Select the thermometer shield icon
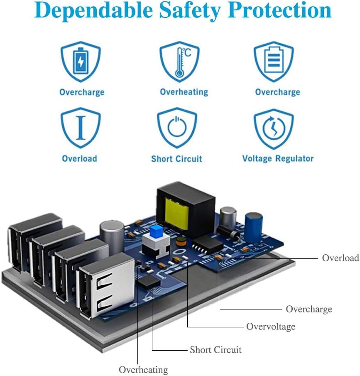[x=179, y=62]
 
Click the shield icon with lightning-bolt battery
[x=81, y=62]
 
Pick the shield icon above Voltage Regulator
[x=274, y=128]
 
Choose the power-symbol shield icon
[x=177, y=128]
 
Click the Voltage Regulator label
[x=278, y=158]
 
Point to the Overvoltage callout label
[x=271, y=327]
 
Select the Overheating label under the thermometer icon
[x=184, y=92]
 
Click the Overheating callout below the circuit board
[x=143, y=370]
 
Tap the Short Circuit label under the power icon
[x=176, y=159]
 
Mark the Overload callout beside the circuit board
[x=340, y=258]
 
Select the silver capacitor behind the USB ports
[x=112, y=235]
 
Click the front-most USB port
[x=104, y=287]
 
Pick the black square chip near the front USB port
[x=148, y=283]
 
